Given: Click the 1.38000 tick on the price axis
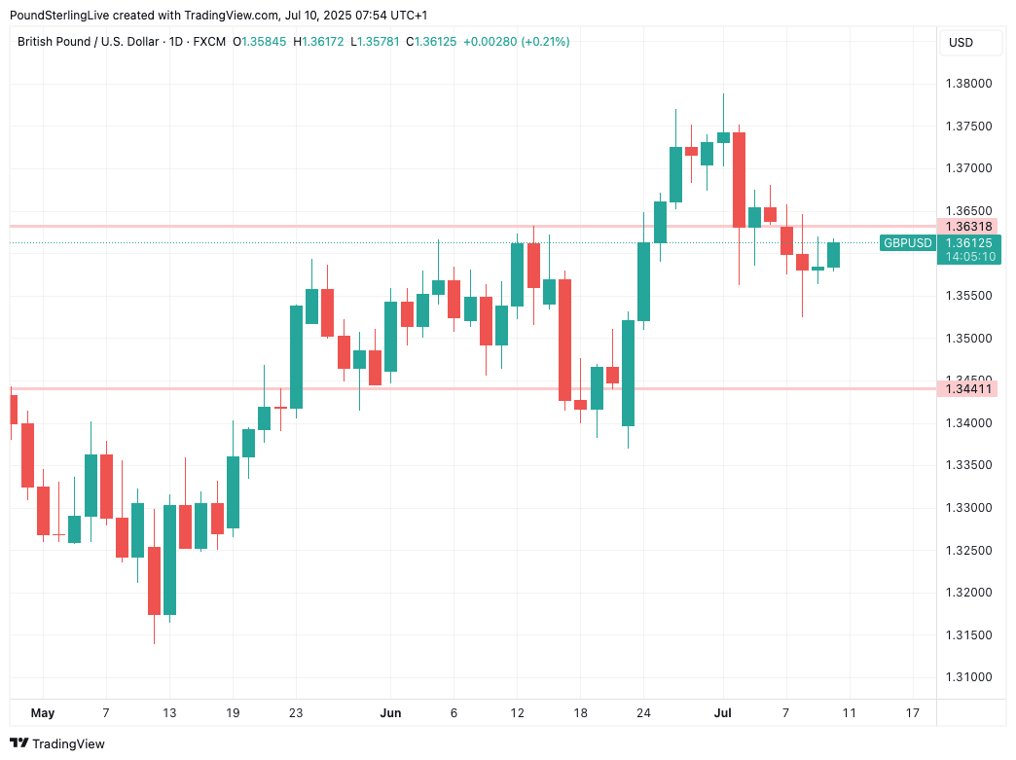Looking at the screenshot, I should [x=968, y=84].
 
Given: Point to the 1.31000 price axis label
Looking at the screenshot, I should [x=968, y=677].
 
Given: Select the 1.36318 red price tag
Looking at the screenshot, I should [x=968, y=226].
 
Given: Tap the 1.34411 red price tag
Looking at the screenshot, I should [x=968, y=389].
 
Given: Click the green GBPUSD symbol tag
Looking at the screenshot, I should [x=907, y=242].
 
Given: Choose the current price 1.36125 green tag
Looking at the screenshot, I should [x=968, y=242].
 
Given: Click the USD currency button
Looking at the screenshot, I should [x=961, y=43].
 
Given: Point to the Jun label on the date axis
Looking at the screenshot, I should [x=390, y=713].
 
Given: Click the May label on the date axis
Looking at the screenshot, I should [x=43, y=713].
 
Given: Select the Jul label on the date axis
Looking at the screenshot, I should [x=722, y=713].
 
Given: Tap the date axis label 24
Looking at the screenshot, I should [x=643, y=713].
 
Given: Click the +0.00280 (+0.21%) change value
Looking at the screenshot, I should [x=516, y=42].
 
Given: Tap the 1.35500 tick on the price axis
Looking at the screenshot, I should [x=968, y=296].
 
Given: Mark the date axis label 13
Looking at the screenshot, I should [x=169, y=713].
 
